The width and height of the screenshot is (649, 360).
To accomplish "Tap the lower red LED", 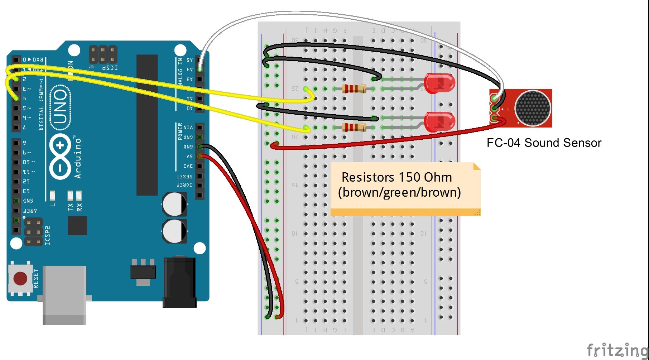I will tap(439, 122).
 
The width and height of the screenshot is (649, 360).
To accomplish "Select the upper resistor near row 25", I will tap(354, 88).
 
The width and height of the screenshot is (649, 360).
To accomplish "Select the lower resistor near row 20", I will tap(354, 127).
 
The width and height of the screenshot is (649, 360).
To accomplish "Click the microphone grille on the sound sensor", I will tap(532, 108).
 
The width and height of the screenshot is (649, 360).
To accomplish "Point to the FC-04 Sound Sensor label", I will tap(544, 143).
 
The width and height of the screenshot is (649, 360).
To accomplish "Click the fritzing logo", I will tap(617, 350).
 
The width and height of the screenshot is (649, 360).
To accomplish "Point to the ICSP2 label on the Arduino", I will tap(48, 236).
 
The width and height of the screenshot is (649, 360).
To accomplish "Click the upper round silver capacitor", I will tap(174, 204).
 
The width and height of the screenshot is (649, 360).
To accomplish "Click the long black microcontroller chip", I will tap(147, 125).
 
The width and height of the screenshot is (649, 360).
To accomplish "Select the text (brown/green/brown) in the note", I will tap(399, 192).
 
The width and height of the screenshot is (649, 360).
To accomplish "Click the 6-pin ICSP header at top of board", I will tap(103, 54).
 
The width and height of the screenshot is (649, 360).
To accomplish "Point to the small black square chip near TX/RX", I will tap(77, 225).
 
